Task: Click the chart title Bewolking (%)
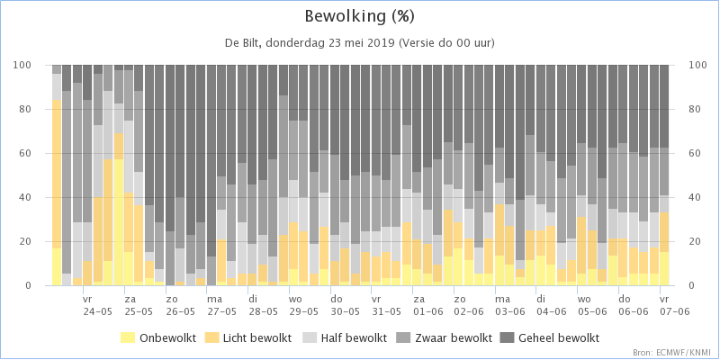coord(359,17)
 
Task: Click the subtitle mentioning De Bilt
coord(359,43)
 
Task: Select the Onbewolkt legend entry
coord(158,338)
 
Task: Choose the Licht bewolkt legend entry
coord(251,338)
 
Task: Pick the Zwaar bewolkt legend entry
coord(445,338)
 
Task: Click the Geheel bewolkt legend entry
coord(551,338)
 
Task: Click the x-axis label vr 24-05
coord(97,305)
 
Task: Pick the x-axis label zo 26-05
coord(180,305)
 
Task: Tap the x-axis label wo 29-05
coord(303,305)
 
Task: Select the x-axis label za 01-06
coord(427,305)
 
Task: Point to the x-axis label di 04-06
coord(551,305)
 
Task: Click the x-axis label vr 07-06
coord(674,305)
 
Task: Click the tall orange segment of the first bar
coord(57,174)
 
